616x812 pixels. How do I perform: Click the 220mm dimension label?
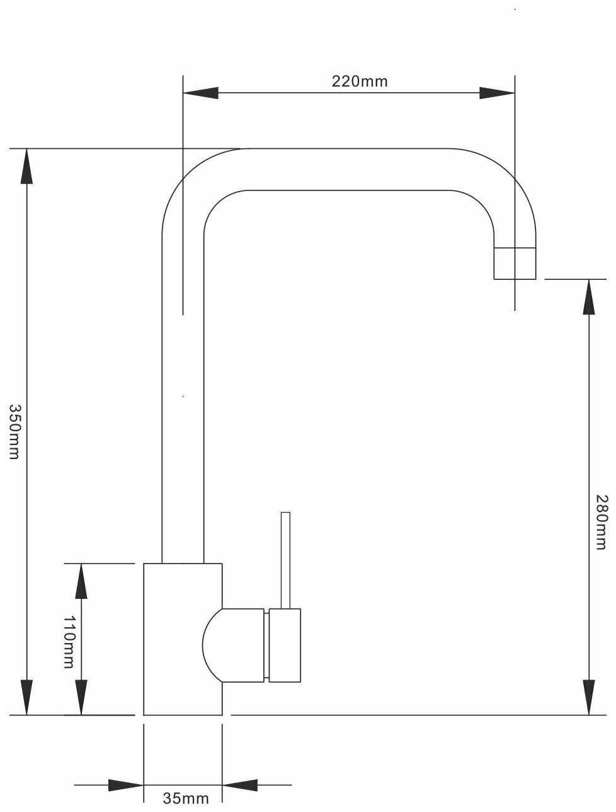(350, 81)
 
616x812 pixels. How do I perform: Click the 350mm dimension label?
(14, 432)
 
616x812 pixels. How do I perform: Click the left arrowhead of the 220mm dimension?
(200, 93)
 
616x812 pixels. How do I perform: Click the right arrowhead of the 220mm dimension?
(497, 93)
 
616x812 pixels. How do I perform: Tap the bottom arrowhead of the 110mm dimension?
(81, 698)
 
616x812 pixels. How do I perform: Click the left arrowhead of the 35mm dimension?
(126, 786)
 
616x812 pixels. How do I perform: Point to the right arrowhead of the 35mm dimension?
(241, 786)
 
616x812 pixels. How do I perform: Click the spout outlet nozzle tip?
(515, 263)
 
